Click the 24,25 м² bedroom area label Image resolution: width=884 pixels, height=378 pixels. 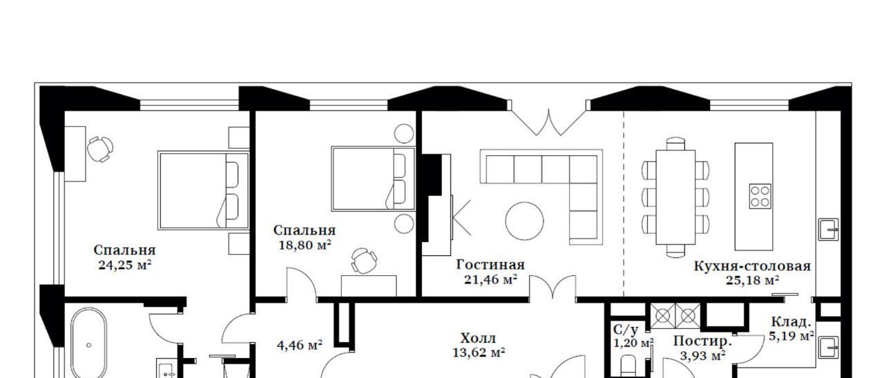tap(125, 265)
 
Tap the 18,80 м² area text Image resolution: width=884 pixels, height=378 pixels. tap(305, 245)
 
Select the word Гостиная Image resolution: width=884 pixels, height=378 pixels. tap(490, 264)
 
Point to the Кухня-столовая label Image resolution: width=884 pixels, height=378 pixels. tap(752, 266)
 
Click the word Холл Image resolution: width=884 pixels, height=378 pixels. tap(479, 338)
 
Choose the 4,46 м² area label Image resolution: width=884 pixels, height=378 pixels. tap(300, 346)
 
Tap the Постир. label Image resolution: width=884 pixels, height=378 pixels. tap(703, 341)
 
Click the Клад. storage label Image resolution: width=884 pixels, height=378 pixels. tap(791, 322)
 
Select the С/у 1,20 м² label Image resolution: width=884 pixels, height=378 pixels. tap(633, 336)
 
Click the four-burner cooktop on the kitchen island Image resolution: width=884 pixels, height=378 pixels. tap(760, 197)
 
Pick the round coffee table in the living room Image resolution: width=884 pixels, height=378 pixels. tap(524, 221)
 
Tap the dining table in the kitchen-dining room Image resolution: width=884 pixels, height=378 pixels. tap(675, 197)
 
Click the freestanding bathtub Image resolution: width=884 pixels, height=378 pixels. tap(89, 343)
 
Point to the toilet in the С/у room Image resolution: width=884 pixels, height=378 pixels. tap(628, 366)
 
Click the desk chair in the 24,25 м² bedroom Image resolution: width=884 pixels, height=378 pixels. tap(100, 149)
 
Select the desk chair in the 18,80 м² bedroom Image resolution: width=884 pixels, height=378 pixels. tap(364, 261)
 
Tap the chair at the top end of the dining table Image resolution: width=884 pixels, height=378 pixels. tap(675, 143)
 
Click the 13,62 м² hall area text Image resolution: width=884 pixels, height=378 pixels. tap(479, 352)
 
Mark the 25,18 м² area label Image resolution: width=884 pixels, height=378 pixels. tap(752, 281)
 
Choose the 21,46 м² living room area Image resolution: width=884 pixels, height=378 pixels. tap(490, 279)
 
